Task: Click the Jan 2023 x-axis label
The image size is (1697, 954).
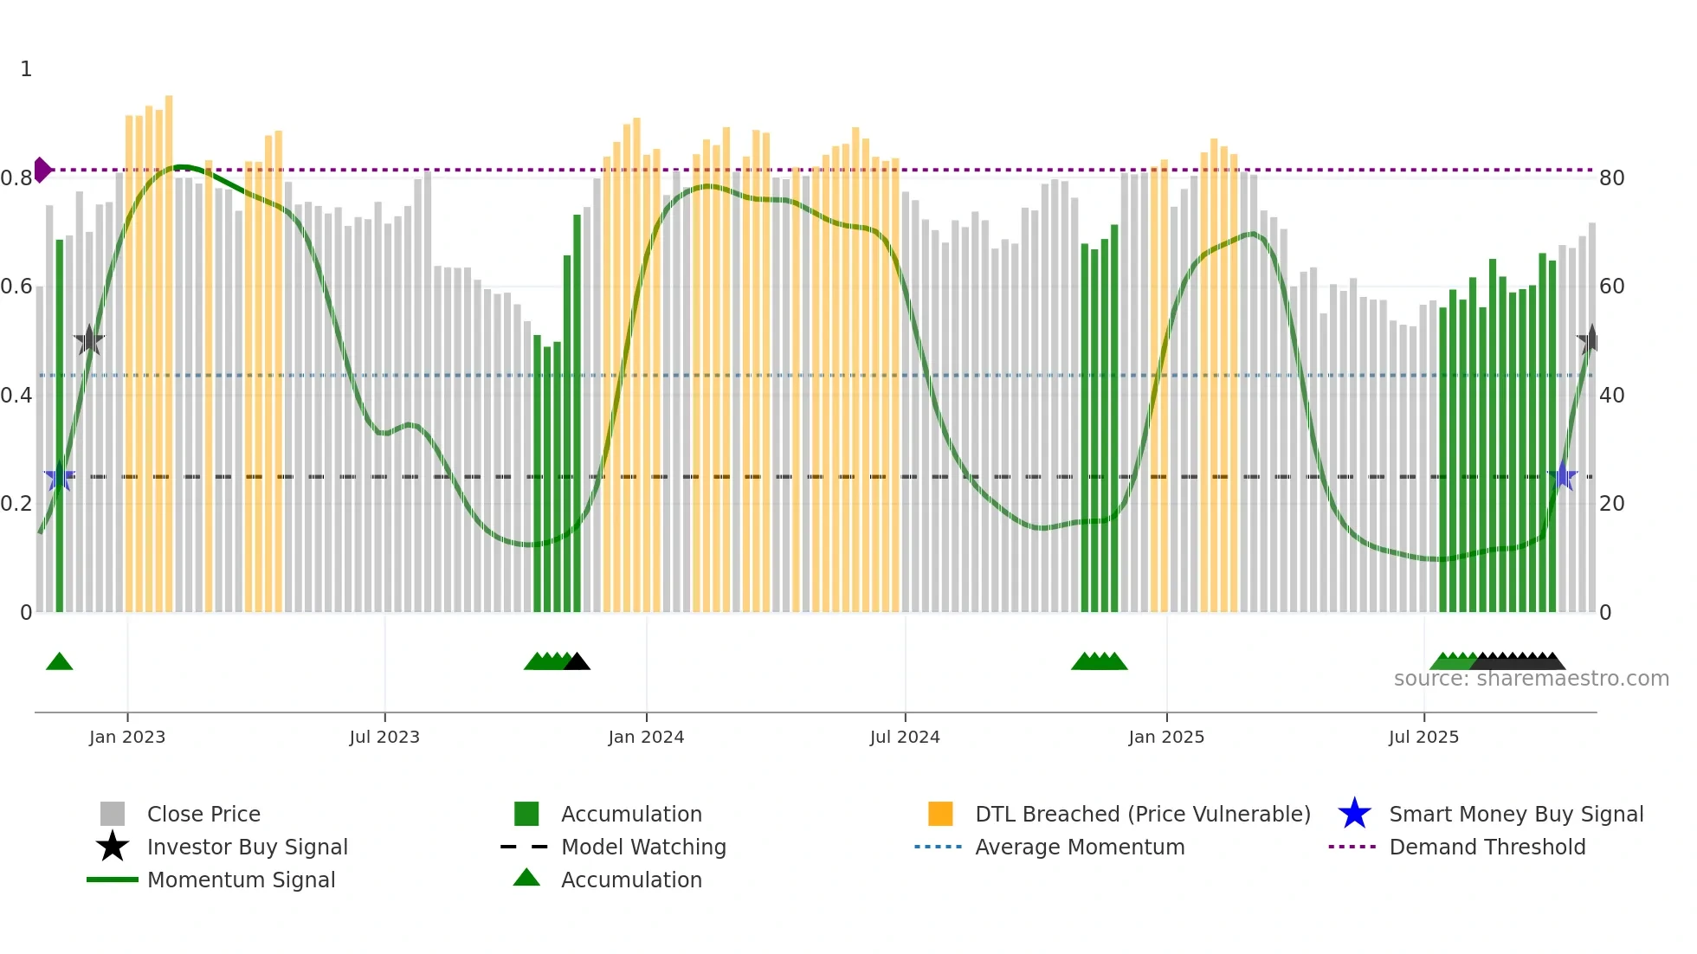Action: pyautogui.click(x=126, y=737)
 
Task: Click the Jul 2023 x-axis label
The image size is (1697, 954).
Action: pyautogui.click(x=384, y=737)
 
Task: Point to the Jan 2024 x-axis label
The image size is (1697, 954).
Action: pyautogui.click(x=646, y=737)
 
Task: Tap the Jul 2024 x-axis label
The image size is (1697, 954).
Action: pyautogui.click(x=905, y=737)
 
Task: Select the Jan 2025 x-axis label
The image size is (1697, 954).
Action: pyautogui.click(x=1166, y=737)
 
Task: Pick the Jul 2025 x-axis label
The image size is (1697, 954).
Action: pyautogui.click(x=1423, y=737)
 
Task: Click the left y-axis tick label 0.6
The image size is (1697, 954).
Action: pyautogui.click(x=16, y=287)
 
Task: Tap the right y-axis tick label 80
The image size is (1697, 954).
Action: pyautogui.click(x=1611, y=178)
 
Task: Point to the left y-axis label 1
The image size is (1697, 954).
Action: pyautogui.click(x=26, y=69)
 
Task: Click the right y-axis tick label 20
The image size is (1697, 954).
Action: pyautogui.click(x=1611, y=504)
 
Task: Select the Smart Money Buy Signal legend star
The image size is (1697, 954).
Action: pyautogui.click(x=1354, y=814)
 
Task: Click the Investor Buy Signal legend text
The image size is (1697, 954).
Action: pyautogui.click(x=248, y=847)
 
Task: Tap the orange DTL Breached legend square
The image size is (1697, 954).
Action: pyautogui.click(x=940, y=814)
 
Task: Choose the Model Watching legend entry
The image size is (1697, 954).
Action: pyautogui.click(x=643, y=847)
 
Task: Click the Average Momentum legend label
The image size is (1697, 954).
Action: pyautogui.click(x=1080, y=847)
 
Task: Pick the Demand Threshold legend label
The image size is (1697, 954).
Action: pyautogui.click(x=1487, y=847)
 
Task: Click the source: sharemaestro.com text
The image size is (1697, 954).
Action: pyautogui.click(x=1532, y=679)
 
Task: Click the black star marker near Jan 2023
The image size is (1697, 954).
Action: pyautogui.click(x=89, y=340)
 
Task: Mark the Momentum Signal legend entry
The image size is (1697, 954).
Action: pyautogui.click(x=241, y=880)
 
